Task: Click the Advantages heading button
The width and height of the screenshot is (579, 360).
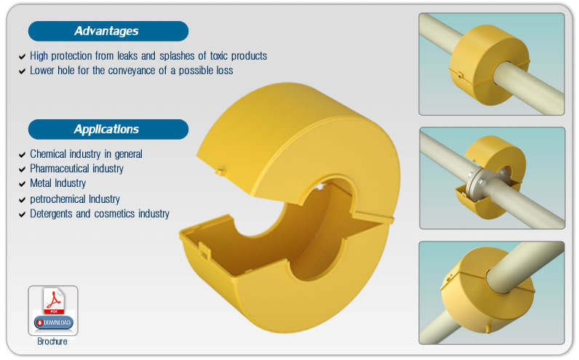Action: (x=108, y=31)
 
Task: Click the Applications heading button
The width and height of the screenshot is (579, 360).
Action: (x=108, y=129)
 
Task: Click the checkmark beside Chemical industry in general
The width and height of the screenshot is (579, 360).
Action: (x=22, y=154)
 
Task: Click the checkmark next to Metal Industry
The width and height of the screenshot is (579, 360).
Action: (x=22, y=184)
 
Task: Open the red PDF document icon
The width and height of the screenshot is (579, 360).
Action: (x=54, y=300)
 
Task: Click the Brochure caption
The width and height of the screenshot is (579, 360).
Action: (x=52, y=341)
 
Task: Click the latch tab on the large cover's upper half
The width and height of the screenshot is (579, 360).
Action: (x=220, y=172)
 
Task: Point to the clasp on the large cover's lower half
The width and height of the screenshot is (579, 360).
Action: (x=204, y=250)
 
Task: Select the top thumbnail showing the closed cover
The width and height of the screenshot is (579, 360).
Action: (x=492, y=64)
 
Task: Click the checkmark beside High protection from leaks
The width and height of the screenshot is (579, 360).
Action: (x=22, y=57)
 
